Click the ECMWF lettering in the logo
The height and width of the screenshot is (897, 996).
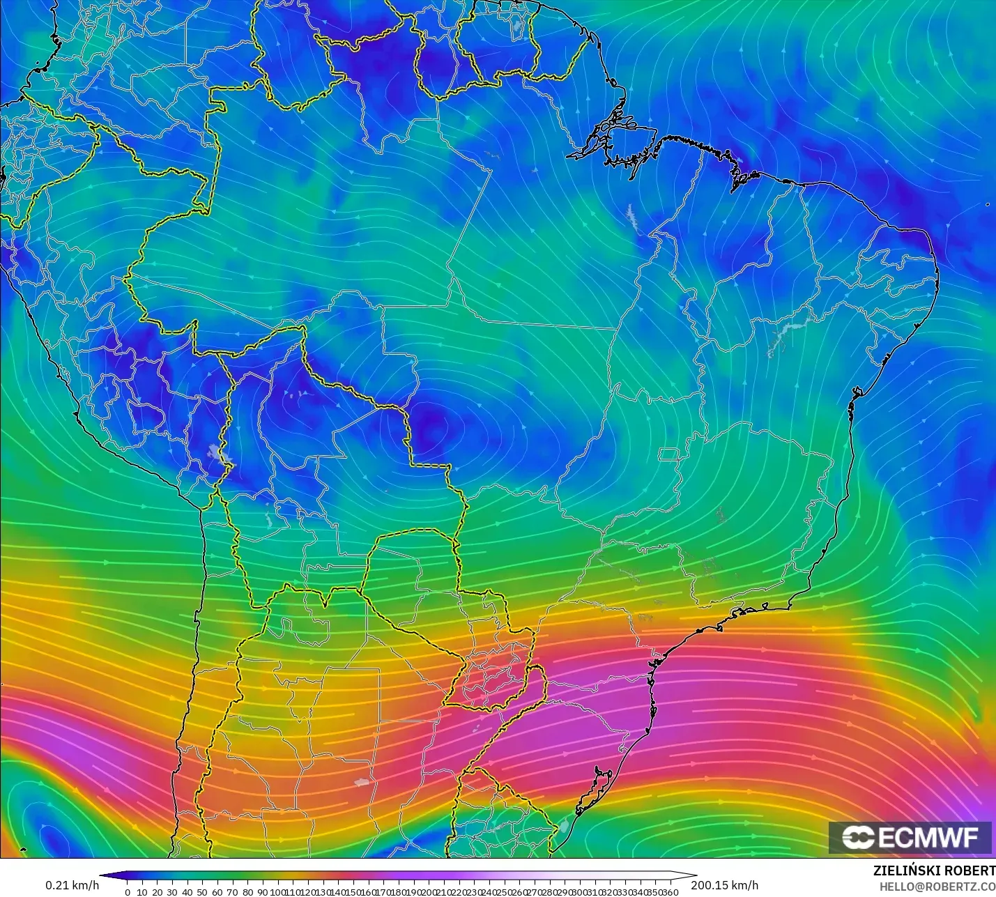[x=928, y=837]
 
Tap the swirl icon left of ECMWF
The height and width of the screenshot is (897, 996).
[x=858, y=837]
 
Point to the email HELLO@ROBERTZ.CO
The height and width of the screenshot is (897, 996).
[x=937, y=887]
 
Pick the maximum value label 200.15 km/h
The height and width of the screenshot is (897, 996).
[x=724, y=885]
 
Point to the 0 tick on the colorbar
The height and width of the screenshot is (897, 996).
[x=128, y=892]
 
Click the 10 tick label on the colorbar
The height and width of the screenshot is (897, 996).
[x=142, y=892]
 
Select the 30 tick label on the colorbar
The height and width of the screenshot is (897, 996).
[x=172, y=892]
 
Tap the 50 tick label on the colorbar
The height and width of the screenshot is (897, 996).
[x=202, y=892]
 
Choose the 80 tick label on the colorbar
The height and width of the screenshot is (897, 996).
[x=247, y=892]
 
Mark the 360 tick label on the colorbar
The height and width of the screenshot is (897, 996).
[x=670, y=892]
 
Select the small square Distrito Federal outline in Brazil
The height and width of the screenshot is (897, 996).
[x=670, y=455]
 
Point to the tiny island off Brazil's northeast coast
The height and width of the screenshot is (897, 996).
[x=988, y=204]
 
